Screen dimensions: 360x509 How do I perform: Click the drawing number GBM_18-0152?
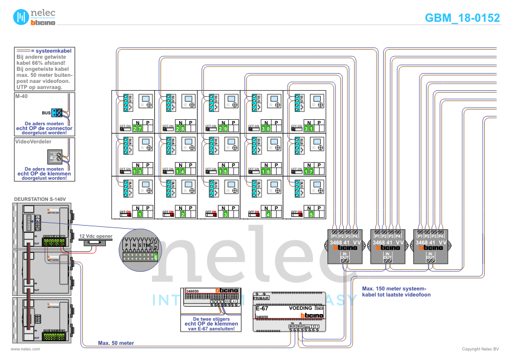[x=462, y=18]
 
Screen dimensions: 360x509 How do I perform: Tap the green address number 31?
[x=309, y=129]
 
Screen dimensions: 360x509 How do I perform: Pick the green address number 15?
[x=223, y=171]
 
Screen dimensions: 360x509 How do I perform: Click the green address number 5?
[x=311, y=214]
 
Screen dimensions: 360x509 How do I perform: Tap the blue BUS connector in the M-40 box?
[x=56, y=113]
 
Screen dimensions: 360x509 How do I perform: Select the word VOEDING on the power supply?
[x=301, y=308]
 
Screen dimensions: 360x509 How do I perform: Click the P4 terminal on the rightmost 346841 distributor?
[x=440, y=235]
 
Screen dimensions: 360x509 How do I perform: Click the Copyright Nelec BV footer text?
[x=480, y=349]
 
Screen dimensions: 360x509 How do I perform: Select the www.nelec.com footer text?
[x=26, y=349]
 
